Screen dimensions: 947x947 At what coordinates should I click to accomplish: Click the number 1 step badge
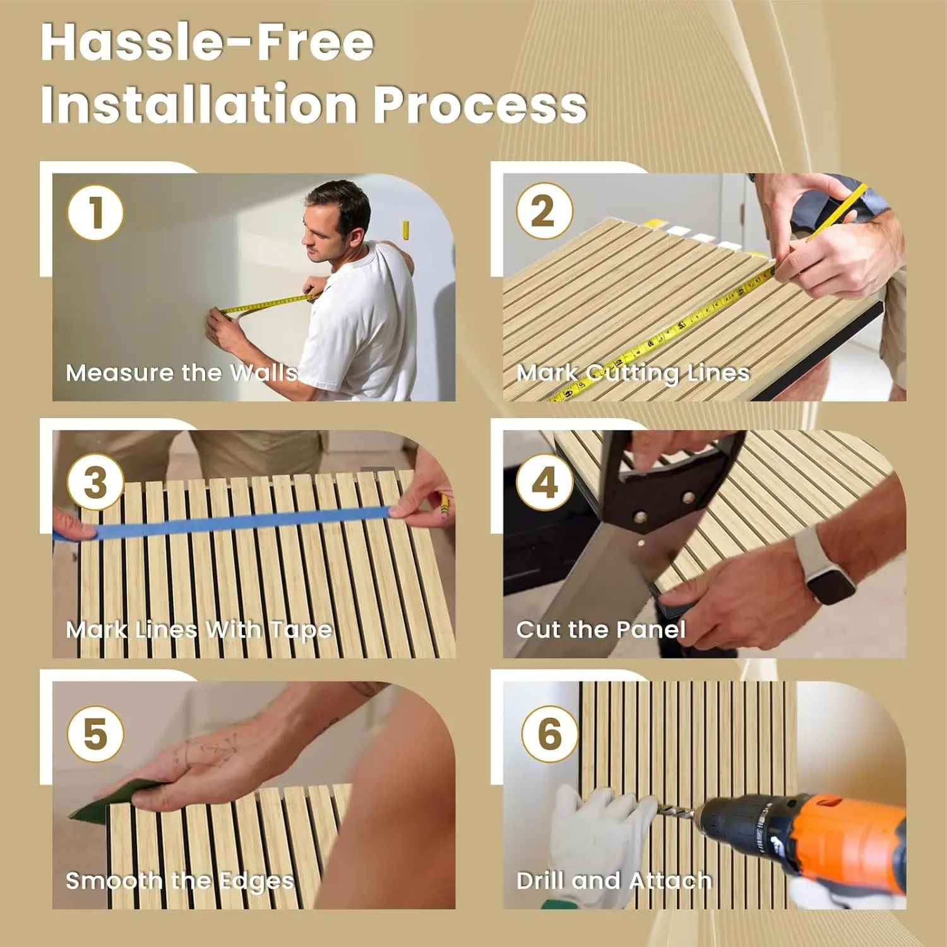[95, 212]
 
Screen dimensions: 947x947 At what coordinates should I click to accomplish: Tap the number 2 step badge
[544, 211]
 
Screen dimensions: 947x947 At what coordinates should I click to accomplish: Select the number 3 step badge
[95, 482]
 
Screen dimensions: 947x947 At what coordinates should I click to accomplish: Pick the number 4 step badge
[544, 482]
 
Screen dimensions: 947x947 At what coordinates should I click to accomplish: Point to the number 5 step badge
[95, 734]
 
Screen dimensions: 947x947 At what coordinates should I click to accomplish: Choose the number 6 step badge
[549, 734]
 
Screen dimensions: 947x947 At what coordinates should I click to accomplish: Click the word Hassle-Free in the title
[208, 42]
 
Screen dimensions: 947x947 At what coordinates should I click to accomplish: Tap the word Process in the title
[480, 105]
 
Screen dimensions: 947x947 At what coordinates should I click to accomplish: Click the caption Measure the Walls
[182, 372]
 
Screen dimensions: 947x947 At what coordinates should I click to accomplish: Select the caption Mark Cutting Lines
[633, 373]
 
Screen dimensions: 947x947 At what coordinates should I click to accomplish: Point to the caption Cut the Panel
[600, 629]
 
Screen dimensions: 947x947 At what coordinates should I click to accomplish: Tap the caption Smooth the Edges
[180, 881]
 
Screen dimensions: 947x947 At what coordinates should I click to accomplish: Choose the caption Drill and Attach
[614, 881]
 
